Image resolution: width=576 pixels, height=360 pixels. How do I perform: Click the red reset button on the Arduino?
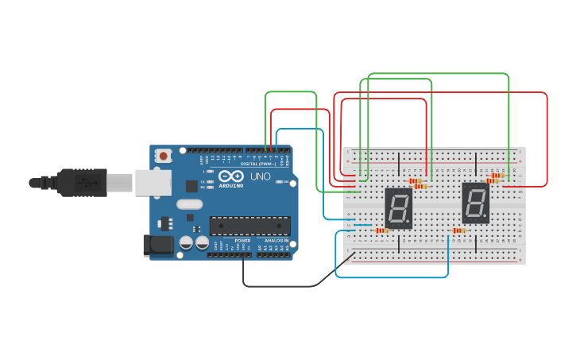164,156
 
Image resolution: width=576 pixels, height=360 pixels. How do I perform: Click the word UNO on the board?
261,176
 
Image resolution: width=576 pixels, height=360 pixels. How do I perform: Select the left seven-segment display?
399,208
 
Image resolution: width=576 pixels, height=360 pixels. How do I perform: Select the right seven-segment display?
476,203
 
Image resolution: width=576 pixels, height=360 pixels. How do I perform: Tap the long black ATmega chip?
249,226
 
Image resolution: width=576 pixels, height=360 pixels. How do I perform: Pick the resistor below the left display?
382,230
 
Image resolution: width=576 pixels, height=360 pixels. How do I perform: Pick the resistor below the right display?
458,230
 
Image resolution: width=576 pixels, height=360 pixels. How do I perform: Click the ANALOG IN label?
276,240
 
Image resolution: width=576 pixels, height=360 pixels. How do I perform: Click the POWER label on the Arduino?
242,240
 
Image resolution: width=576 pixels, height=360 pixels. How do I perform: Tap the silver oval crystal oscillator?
190,204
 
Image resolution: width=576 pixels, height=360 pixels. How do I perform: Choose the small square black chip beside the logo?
191,186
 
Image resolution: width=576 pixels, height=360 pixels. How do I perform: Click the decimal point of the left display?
409,223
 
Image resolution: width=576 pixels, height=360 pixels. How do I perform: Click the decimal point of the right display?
486,218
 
